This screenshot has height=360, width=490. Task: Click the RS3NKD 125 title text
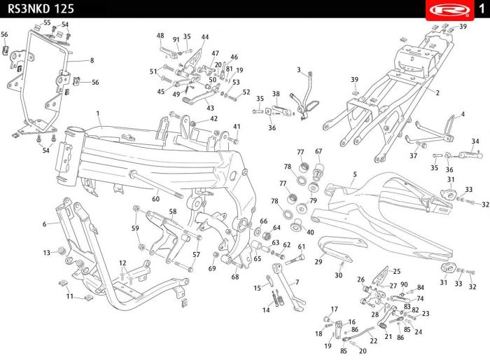point(41,9)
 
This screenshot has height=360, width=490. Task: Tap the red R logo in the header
point(449,10)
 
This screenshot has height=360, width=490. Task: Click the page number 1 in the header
point(482,8)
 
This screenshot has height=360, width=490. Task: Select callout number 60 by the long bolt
point(155,199)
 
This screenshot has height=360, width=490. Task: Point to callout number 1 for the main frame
point(98,113)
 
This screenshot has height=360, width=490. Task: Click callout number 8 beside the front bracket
point(92,60)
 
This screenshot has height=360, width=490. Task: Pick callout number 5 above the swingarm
point(355,174)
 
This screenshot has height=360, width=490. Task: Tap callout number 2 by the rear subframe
point(437,92)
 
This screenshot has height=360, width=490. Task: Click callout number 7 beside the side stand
point(297,282)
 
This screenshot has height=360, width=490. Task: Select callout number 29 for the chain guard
point(318,261)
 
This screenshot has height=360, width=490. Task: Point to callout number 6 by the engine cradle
point(44,224)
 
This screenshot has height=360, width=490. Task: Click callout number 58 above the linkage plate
point(173,212)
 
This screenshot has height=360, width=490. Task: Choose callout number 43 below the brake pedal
point(210,108)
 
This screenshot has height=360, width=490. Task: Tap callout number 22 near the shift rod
point(373,340)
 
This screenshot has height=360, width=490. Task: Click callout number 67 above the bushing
point(318,151)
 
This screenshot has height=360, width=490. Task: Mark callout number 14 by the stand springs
point(266,310)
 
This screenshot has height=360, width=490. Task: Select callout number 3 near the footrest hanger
point(299,69)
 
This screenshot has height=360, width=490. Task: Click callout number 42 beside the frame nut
point(213,118)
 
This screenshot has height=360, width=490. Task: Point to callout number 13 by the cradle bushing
point(47,252)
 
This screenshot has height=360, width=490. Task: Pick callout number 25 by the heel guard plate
point(397,271)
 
